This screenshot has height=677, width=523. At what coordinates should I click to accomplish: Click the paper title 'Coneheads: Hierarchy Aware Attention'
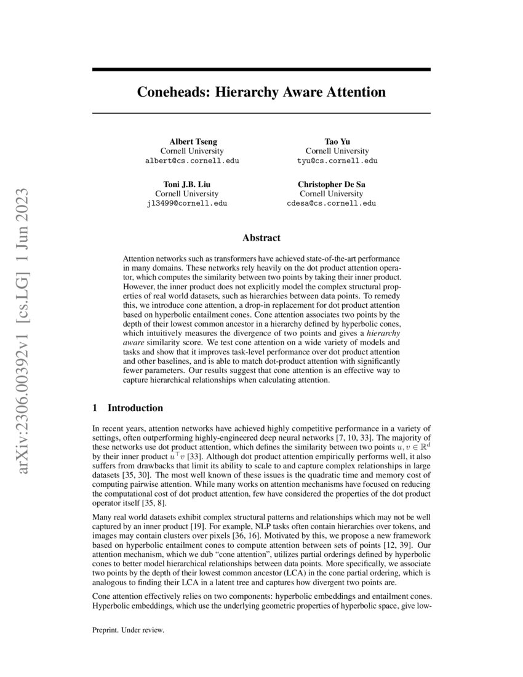point(261,92)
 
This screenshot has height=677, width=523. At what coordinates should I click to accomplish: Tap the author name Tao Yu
point(337,141)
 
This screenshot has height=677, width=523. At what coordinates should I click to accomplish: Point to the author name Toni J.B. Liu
point(191,184)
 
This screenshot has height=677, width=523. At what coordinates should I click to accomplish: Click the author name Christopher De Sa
point(337,184)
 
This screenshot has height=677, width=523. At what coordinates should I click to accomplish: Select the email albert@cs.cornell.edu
point(191,161)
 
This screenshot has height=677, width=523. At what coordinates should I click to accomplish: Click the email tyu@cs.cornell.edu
point(337,161)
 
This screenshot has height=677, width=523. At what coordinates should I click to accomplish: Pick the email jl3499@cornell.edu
point(191,203)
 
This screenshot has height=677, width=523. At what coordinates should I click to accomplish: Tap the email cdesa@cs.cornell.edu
point(337,203)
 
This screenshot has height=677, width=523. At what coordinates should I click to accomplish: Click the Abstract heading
point(261,238)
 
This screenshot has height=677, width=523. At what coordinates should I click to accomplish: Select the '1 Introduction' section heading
point(127,407)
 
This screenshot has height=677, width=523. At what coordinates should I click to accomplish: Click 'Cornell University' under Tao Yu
point(337,151)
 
